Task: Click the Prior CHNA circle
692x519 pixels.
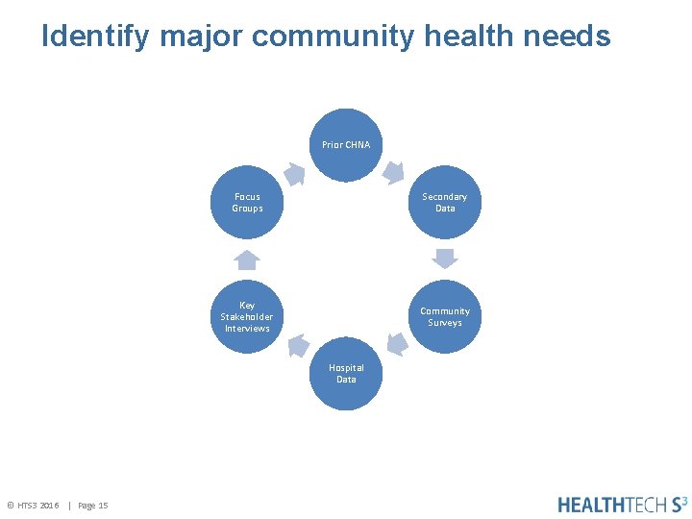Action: [346, 145]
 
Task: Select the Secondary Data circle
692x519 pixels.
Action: [444, 202]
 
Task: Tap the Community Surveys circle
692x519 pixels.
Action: [444, 317]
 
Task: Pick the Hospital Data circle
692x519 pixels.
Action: [346, 373]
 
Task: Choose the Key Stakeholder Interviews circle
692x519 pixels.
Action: [247, 317]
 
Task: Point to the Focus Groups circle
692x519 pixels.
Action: [247, 202]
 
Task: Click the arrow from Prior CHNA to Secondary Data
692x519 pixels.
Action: [393, 173]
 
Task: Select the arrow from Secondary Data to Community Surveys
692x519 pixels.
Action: [444, 259]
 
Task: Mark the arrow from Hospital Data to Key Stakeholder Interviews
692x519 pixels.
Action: [297, 344]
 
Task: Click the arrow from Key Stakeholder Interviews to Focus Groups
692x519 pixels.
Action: [247, 259]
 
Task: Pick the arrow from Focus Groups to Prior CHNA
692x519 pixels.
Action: [294, 174]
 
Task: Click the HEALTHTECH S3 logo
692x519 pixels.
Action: [622, 504]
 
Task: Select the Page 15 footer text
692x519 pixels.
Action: [92, 506]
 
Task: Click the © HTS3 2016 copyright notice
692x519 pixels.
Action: [34, 506]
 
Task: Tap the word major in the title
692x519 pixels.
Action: [201, 37]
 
